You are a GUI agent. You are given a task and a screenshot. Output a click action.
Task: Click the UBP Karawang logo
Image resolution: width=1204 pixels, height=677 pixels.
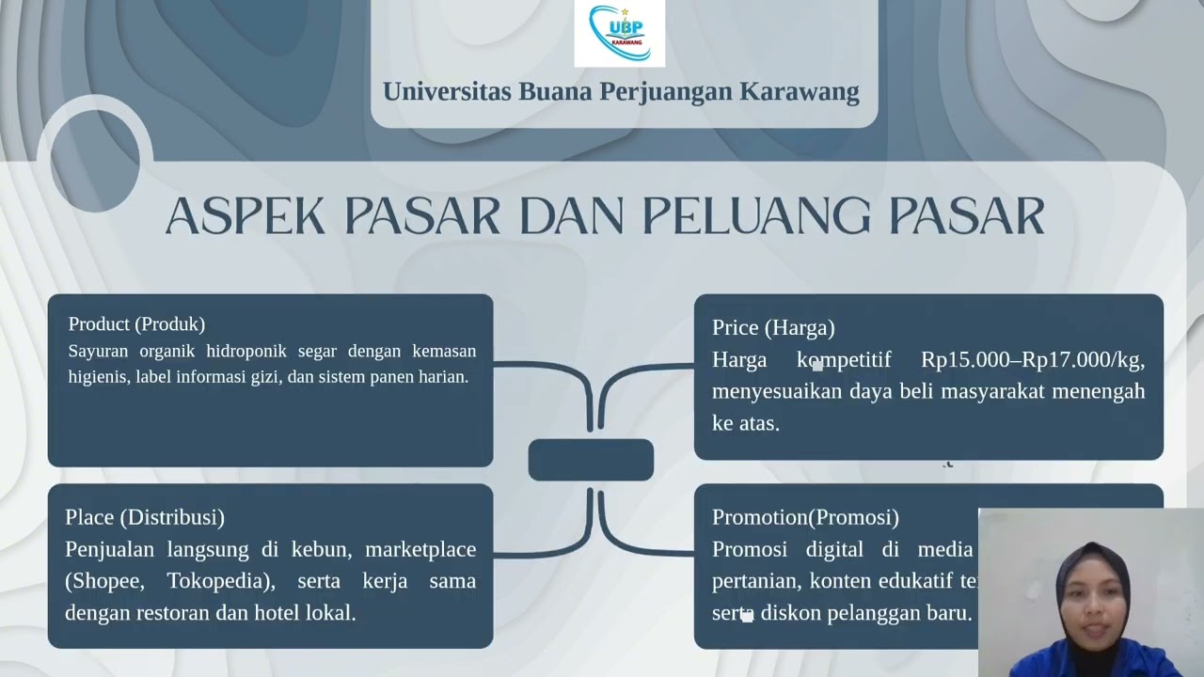[x=619, y=34]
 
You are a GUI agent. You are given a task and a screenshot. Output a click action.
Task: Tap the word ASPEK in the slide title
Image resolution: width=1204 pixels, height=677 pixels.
[x=245, y=217]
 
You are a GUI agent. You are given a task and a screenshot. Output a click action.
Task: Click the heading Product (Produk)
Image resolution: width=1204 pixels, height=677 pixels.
[x=136, y=324]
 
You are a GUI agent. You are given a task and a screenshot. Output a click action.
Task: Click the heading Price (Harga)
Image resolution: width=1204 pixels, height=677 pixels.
[x=773, y=328]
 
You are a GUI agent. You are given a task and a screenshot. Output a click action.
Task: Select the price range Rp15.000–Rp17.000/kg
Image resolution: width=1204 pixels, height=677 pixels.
[x=1032, y=360]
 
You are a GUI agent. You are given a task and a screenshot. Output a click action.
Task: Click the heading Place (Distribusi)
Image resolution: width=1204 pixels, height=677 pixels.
[x=145, y=517]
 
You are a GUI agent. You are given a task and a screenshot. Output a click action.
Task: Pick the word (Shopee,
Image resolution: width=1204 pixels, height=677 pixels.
[x=104, y=581]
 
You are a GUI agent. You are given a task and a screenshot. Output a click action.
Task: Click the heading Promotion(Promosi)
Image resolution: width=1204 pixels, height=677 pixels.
[x=805, y=517]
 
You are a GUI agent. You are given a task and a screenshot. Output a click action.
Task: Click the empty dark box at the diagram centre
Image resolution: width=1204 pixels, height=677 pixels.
[x=591, y=460]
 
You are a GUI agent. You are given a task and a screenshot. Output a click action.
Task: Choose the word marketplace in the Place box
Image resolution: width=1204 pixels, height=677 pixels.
[x=420, y=549]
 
